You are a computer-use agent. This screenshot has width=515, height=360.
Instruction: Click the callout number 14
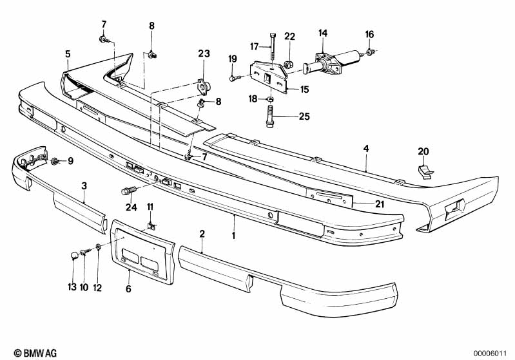(323, 33)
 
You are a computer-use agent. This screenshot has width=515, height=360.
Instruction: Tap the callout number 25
(304, 117)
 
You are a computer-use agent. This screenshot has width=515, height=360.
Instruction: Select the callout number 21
(380, 204)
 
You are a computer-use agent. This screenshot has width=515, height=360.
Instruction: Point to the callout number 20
(423, 151)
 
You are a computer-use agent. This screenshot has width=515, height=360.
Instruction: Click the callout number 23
(204, 53)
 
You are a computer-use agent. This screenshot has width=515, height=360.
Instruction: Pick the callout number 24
(131, 207)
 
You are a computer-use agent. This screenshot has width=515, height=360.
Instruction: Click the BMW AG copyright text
(35, 353)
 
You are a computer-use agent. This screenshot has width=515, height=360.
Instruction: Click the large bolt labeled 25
(269, 116)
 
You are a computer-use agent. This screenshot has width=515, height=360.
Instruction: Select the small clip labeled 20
(425, 172)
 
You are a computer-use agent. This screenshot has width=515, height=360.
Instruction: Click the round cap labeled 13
(75, 254)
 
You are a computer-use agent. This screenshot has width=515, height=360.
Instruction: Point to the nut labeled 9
(55, 161)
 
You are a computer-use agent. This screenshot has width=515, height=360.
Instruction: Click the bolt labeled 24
(129, 191)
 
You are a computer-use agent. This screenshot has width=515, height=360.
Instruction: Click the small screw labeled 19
(233, 79)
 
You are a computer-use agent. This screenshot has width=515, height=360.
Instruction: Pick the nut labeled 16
(370, 52)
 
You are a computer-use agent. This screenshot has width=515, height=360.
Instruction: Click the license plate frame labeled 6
(142, 252)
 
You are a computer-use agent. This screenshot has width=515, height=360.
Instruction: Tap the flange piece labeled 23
(204, 87)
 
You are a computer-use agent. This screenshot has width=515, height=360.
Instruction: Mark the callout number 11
(150, 207)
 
